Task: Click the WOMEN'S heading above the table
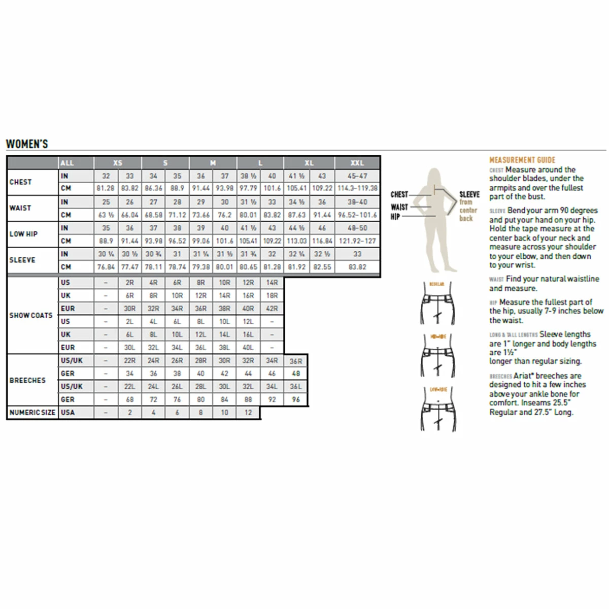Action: (27, 144)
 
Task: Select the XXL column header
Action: (357, 163)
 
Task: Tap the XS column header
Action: (118, 163)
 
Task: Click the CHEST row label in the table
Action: (21, 182)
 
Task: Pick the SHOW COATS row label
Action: (31, 315)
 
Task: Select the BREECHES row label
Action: (27, 380)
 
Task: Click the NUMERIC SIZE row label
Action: (32, 413)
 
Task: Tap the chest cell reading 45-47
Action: (357, 176)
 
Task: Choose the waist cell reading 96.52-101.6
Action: (357, 215)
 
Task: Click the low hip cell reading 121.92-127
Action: (357, 241)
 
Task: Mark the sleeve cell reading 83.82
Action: (357, 267)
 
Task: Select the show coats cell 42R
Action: (272, 309)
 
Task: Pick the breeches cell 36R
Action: (296, 361)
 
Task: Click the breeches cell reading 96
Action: (296, 399)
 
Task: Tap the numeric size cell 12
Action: (248, 413)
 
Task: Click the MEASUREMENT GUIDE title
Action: (522, 160)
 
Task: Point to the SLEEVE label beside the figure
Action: (469, 194)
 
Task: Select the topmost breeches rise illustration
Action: (437, 303)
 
